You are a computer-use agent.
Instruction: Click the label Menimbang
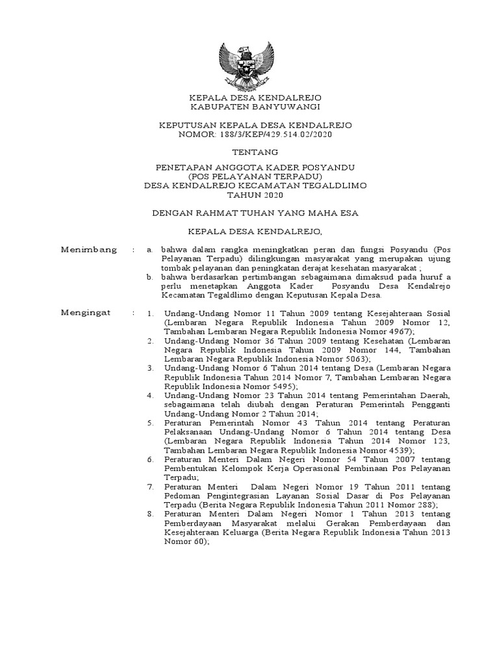click(89, 249)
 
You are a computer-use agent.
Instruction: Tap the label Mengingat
click(86, 313)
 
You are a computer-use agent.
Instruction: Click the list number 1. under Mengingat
click(150, 313)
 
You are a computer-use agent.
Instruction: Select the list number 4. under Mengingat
click(150, 395)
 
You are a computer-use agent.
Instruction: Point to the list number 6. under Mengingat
click(150, 459)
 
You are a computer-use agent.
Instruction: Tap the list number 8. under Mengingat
click(150, 514)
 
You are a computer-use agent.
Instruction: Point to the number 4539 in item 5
click(407, 449)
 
